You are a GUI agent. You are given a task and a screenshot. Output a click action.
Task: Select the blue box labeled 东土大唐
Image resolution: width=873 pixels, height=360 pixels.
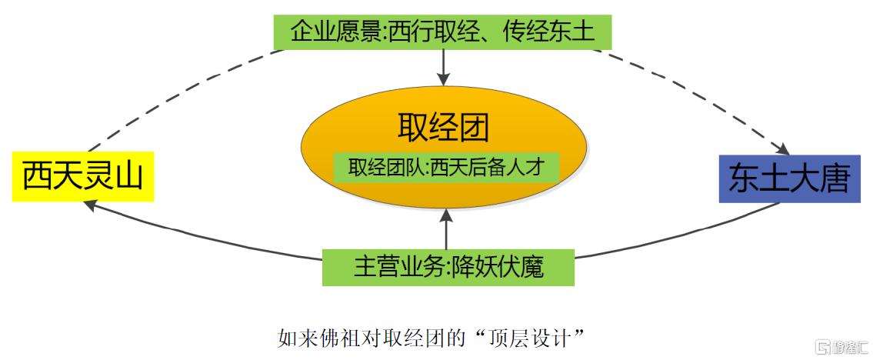point(789,178)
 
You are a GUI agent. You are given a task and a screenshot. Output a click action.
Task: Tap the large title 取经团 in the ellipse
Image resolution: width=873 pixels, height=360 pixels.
point(444,128)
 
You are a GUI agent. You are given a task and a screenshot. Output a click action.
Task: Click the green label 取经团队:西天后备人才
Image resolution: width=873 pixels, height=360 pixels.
point(445,168)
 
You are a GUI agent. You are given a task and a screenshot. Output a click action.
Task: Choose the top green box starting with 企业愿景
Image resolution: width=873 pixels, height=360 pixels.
point(442,32)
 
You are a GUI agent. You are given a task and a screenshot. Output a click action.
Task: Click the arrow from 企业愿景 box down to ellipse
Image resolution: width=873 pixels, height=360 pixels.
point(444,68)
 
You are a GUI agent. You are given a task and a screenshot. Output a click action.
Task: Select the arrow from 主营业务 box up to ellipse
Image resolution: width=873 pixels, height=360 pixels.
point(446,229)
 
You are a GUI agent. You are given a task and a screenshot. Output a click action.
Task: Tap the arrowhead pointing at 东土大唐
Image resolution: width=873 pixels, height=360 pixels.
point(783,149)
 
